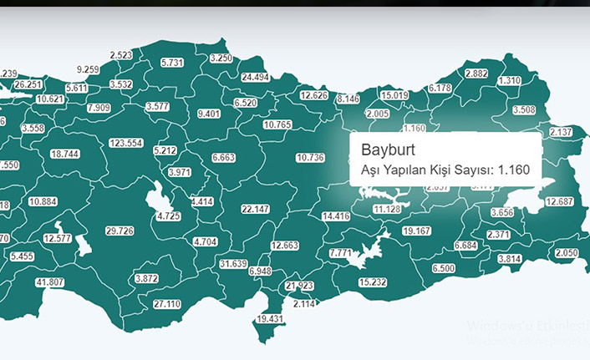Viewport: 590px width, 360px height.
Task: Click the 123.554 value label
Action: (x=125, y=143)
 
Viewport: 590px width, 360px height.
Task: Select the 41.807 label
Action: (x=50, y=282)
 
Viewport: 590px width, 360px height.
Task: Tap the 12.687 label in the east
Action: (x=559, y=201)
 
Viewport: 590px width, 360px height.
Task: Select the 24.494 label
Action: (x=255, y=77)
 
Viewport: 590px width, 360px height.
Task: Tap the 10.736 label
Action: (x=310, y=157)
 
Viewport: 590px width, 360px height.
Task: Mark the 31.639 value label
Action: (x=233, y=264)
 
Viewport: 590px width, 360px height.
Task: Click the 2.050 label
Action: (x=566, y=253)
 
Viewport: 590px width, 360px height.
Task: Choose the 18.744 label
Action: (x=64, y=155)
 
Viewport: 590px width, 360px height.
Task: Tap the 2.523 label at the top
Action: (x=120, y=55)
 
